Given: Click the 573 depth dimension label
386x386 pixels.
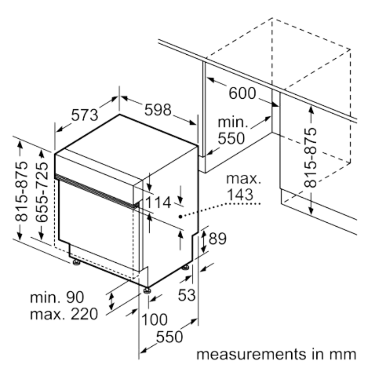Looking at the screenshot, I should [84, 115].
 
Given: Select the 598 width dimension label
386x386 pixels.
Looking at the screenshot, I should [158, 110].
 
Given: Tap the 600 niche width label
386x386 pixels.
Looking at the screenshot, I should [242, 93].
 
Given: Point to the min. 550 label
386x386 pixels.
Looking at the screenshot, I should [232, 130].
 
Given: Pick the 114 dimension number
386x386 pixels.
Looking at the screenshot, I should [158, 203].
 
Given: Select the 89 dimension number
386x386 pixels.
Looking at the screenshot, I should [217, 239].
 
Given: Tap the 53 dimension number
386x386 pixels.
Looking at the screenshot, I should [187, 295].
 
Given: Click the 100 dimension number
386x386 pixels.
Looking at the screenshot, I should [154, 320].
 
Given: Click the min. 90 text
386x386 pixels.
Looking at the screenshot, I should [57, 297].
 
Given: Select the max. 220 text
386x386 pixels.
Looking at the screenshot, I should [64, 314].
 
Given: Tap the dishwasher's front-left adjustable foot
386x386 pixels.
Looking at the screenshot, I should [76, 263].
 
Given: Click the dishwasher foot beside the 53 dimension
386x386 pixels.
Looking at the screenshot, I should [186, 268].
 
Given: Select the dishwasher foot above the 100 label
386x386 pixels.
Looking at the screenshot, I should [147, 291].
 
